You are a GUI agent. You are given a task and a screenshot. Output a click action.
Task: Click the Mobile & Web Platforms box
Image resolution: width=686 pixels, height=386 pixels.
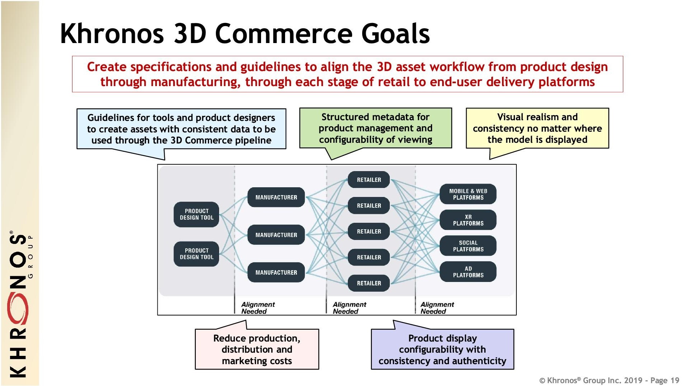click(x=468, y=194)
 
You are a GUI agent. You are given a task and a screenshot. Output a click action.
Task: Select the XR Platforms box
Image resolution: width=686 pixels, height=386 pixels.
click(x=468, y=220)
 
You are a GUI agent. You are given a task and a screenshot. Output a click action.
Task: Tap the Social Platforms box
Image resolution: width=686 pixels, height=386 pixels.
click(x=468, y=246)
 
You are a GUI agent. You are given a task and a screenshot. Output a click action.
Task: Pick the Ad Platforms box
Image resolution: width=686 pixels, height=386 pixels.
click(x=468, y=272)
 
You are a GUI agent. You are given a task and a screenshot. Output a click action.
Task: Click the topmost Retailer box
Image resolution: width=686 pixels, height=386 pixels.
click(x=369, y=180)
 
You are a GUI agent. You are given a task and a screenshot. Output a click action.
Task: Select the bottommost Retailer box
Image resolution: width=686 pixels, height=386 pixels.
click(x=369, y=283)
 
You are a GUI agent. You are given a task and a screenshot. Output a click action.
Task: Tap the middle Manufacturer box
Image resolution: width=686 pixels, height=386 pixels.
click(x=276, y=235)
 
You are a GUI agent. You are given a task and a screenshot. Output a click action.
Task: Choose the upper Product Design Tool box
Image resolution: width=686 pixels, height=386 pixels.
click(x=197, y=214)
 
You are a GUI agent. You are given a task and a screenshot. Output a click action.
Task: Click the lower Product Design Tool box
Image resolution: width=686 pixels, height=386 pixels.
click(x=197, y=254)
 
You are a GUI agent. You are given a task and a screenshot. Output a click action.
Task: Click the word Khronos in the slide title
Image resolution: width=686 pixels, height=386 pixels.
click(x=112, y=33)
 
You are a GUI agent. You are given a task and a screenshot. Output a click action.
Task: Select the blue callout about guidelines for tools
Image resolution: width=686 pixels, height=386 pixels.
click(x=181, y=129)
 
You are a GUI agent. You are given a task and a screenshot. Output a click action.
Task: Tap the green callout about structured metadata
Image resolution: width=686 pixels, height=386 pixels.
click(x=375, y=128)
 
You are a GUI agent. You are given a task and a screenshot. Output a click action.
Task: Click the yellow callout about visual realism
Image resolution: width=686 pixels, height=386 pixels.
click(x=537, y=128)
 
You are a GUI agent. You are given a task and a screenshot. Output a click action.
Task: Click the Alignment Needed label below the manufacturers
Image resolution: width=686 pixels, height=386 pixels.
click(x=258, y=308)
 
